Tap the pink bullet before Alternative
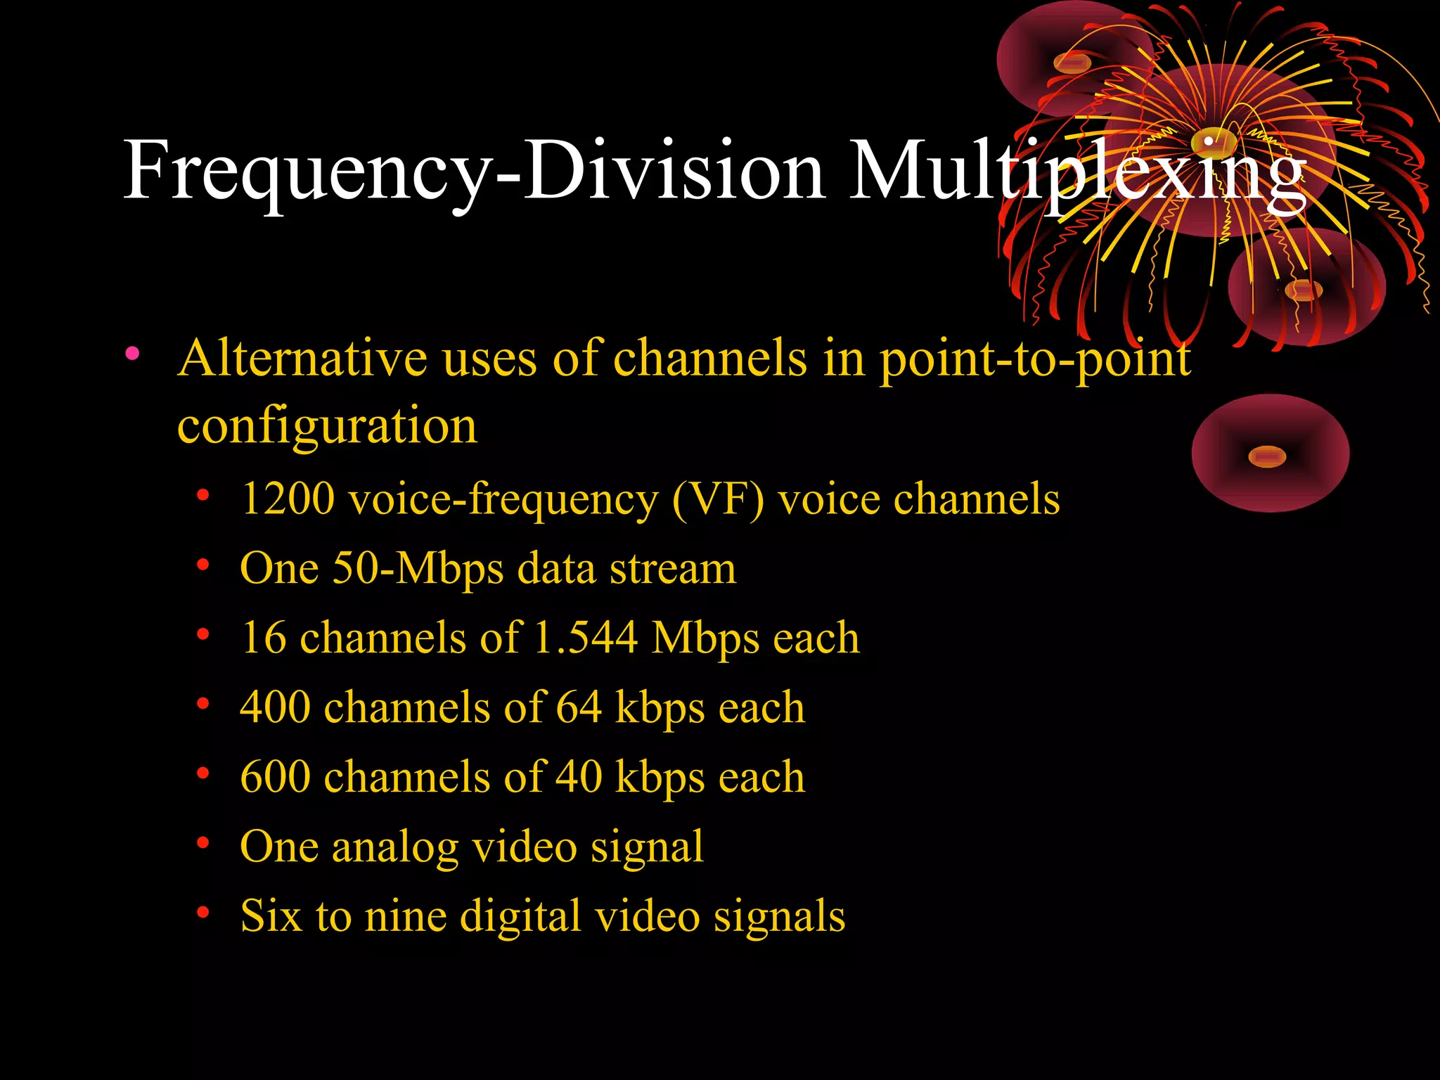pos(132,353)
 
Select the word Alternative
pos(302,359)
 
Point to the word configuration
pos(327,426)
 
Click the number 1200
pos(288,499)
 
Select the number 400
pos(275,707)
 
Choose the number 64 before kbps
pos(579,707)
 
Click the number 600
pos(275,777)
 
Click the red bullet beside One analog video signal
pos(203,842)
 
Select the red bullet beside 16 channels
pos(203,634)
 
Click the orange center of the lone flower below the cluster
pos(1267,457)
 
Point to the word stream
pos(672,569)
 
